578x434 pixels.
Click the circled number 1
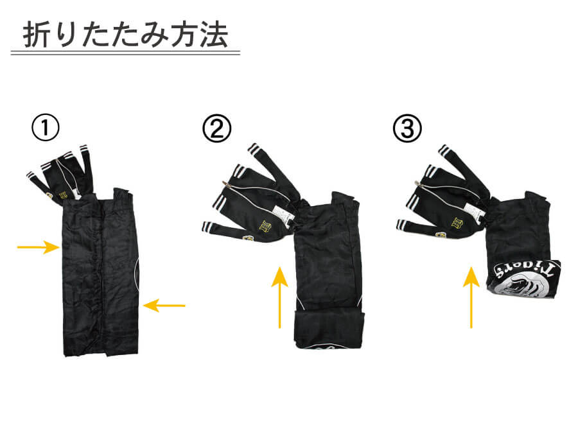pyautogui.click(x=46, y=128)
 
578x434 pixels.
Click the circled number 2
pyautogui.click(x=217, y=128)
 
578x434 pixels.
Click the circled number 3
pyautogui.click(x=407, y=128)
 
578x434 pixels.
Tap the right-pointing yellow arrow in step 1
pyautogui.click(x=39, y=247)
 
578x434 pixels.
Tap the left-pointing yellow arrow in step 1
pyautogui.click(x=164, y=305)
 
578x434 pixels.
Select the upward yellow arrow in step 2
pyautogui.click(x=280, y=297)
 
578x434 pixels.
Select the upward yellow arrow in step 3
pyautogui.click(x=471, y=297)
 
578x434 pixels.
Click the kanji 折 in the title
pyautogui.click(x=36, y=35)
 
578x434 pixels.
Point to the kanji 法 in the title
pyautogui.click(x=214, y=35)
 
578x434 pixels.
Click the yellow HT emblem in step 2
pyautogui.click(x=266, y=225)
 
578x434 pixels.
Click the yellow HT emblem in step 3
pyautogui.click(x=457, y=221)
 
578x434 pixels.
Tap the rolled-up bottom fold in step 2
pyautogui.click(x=330, y=329)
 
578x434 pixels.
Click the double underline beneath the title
pyautogui.click(x=125, y=53)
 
